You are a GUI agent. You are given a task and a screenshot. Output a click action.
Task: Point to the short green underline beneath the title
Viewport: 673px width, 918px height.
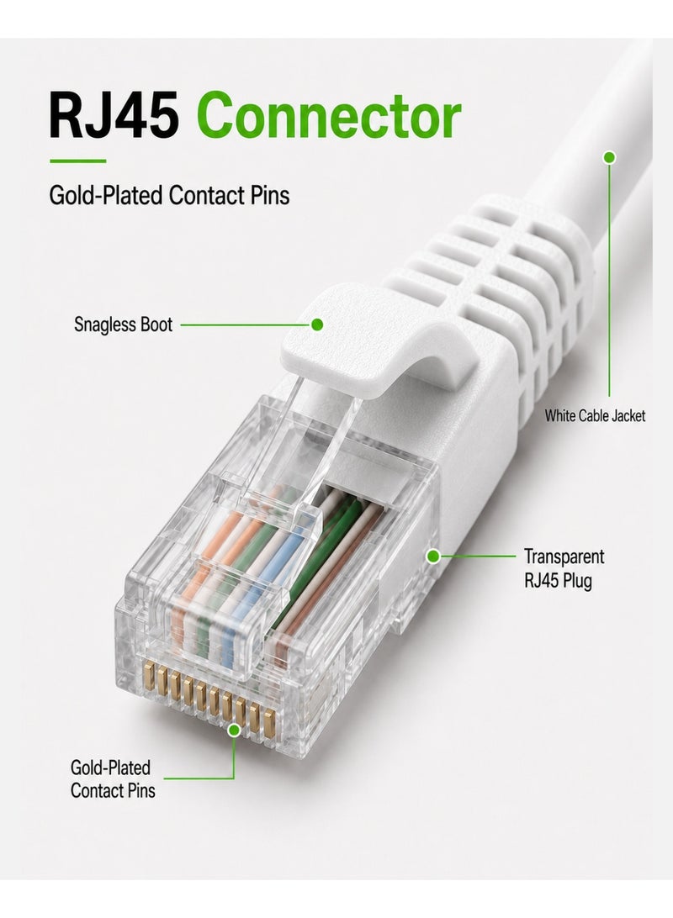coord(78,161)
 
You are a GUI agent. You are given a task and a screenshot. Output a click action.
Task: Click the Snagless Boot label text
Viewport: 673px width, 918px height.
coord(123,324)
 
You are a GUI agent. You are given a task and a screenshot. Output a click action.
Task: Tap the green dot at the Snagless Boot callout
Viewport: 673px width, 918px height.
coord(317,324)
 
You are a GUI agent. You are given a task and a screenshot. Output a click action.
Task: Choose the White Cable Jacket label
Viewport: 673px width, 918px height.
coord(595,415)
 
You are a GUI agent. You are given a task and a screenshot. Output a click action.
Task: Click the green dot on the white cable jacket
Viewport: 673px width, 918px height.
coord(609,157)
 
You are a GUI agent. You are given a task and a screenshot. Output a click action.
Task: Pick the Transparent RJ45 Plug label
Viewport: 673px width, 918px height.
coord(564,568)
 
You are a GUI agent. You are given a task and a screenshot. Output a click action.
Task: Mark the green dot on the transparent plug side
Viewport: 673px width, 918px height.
coord(433,556)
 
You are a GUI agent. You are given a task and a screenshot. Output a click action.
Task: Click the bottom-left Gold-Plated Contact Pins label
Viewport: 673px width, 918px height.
coord(113,778)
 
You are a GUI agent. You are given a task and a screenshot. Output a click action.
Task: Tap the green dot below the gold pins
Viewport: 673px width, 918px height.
coord(234,730)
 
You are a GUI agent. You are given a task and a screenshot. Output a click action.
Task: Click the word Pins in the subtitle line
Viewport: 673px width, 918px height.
coord(270,196)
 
